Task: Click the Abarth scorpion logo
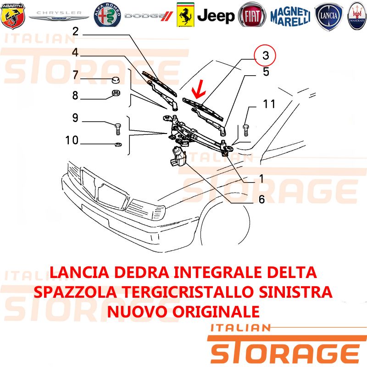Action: (13, 16)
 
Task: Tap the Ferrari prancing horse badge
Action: (185, 15)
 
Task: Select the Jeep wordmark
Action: (216, 16)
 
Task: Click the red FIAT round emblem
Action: (252, 16)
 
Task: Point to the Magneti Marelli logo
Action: (290, 17)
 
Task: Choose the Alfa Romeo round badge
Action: (107, 15)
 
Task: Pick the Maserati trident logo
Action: (357, 16)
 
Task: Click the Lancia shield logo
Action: (328, 17)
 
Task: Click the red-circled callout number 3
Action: (266, 56)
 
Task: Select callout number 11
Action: (269, 104)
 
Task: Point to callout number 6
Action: (261, 200)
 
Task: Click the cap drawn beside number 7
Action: (115, 80)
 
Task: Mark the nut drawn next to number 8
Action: (116, 93)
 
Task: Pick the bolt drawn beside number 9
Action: (118, 129)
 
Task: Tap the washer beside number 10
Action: (118, 144)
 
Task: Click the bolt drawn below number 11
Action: (246, 130)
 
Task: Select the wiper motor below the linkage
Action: (178, 156)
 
